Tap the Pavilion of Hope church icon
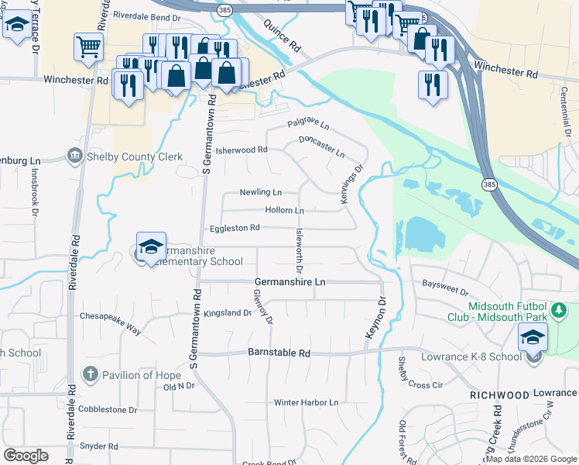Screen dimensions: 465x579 (90, 375)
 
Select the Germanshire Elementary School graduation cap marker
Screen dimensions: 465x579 (151, 248)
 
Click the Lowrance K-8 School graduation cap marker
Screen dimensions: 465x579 (533, 338)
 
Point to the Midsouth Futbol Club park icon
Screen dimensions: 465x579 (557, 312)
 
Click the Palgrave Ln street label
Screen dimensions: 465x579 (308, 124)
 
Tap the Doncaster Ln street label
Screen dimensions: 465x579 (322, 145)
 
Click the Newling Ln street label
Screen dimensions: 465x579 (260, 191)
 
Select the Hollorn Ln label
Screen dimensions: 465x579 (284, 210)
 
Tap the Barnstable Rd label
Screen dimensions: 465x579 (279, 353)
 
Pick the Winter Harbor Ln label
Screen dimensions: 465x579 (307, 403)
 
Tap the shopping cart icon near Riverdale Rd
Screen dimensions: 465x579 (88, 46)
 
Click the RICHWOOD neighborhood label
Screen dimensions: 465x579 (499, 394)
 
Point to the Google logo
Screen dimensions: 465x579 (26, 456)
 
